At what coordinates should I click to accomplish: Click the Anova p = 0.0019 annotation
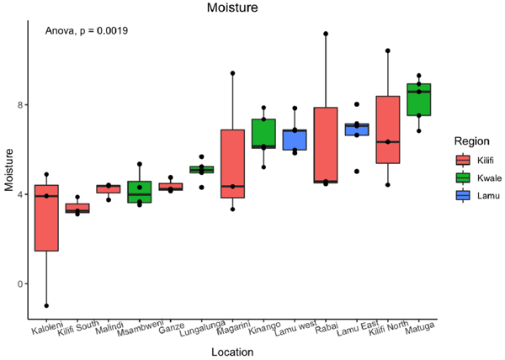tap(87, 31)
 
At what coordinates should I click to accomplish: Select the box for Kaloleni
tap(46, 218)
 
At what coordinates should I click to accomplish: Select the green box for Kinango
tap(263, 133)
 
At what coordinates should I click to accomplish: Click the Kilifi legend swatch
tap(462, 160)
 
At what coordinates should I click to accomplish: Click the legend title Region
tap(472, 140)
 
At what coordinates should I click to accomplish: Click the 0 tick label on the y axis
tap(19, 283)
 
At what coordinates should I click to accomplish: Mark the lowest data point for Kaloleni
tap(46, 305)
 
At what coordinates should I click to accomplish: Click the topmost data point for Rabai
tap(326, 34)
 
